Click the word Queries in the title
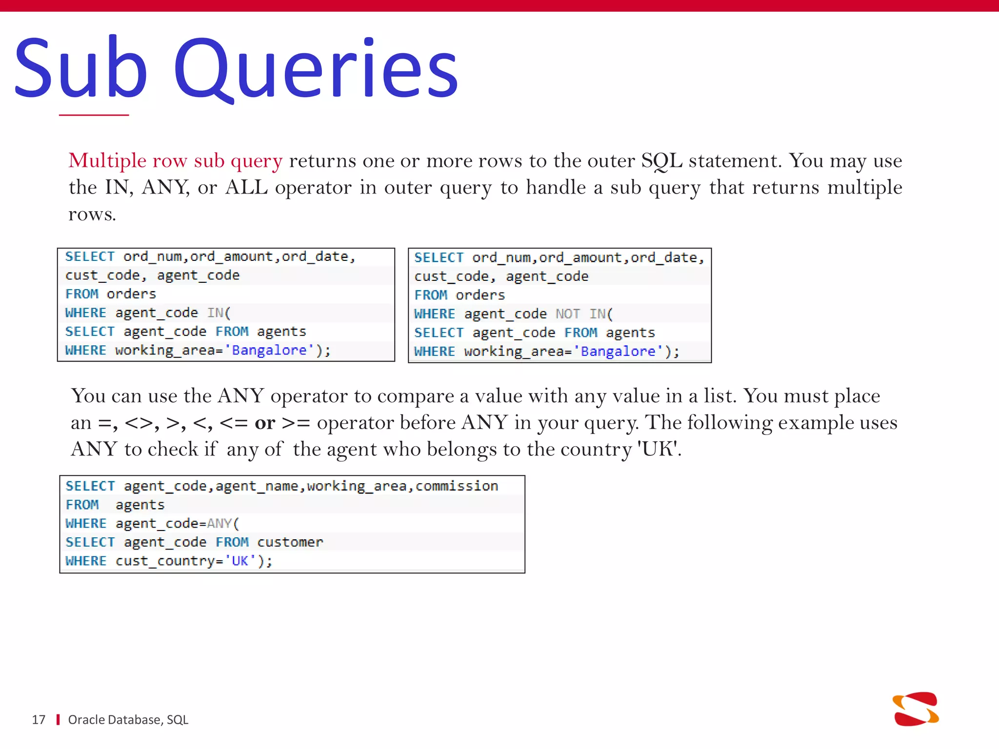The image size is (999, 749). tap(316, 68)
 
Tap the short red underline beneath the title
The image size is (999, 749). tap(94, 115)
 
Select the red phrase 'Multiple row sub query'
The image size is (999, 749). tap(176, 161)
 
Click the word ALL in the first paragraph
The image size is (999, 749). tap(246, 188)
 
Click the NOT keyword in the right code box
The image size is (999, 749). tap(568, 314)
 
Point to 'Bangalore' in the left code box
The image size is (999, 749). tap(269, 350)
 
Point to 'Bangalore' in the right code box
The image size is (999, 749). tap(618, 352)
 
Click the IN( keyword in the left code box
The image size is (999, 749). tap(219, 313)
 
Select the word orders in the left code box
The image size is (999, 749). tap(131, 294)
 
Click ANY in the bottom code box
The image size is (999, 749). tap(219, 524)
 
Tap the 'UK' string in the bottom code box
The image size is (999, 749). tap(240, 561)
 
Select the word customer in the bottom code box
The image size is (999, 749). tap(290, 542)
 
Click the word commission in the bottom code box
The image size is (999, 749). tap(457, 486)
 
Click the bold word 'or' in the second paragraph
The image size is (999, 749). tap(265, 423)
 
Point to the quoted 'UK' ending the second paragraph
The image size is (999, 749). tap(659, 449)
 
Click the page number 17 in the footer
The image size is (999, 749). tap(39, 720)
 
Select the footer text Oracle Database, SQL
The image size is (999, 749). tap(128, 720)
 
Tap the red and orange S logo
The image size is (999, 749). tap(916, 709)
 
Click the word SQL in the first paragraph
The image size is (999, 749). tap(661, 161)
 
